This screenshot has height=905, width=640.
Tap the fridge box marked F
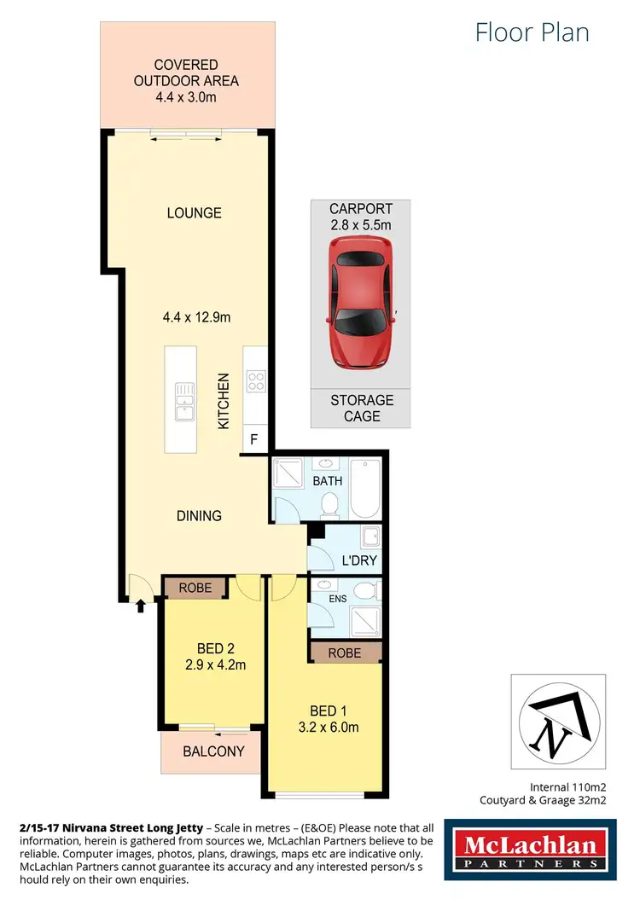pos(253,440)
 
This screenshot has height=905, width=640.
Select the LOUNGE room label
pos(195,213)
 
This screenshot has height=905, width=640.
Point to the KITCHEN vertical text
pos(224,401)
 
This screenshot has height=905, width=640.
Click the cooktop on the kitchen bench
pos(254,380)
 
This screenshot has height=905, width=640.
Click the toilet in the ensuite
pos(364,590)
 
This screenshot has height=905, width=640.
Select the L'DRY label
pos(359,561)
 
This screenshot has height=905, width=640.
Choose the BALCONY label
pos(213,751)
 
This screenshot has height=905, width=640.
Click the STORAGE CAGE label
pos(363,408)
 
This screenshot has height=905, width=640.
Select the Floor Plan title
pos(532,33)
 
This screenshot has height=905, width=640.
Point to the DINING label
pos(199,516)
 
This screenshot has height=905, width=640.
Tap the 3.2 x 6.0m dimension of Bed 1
pos(327,728)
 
